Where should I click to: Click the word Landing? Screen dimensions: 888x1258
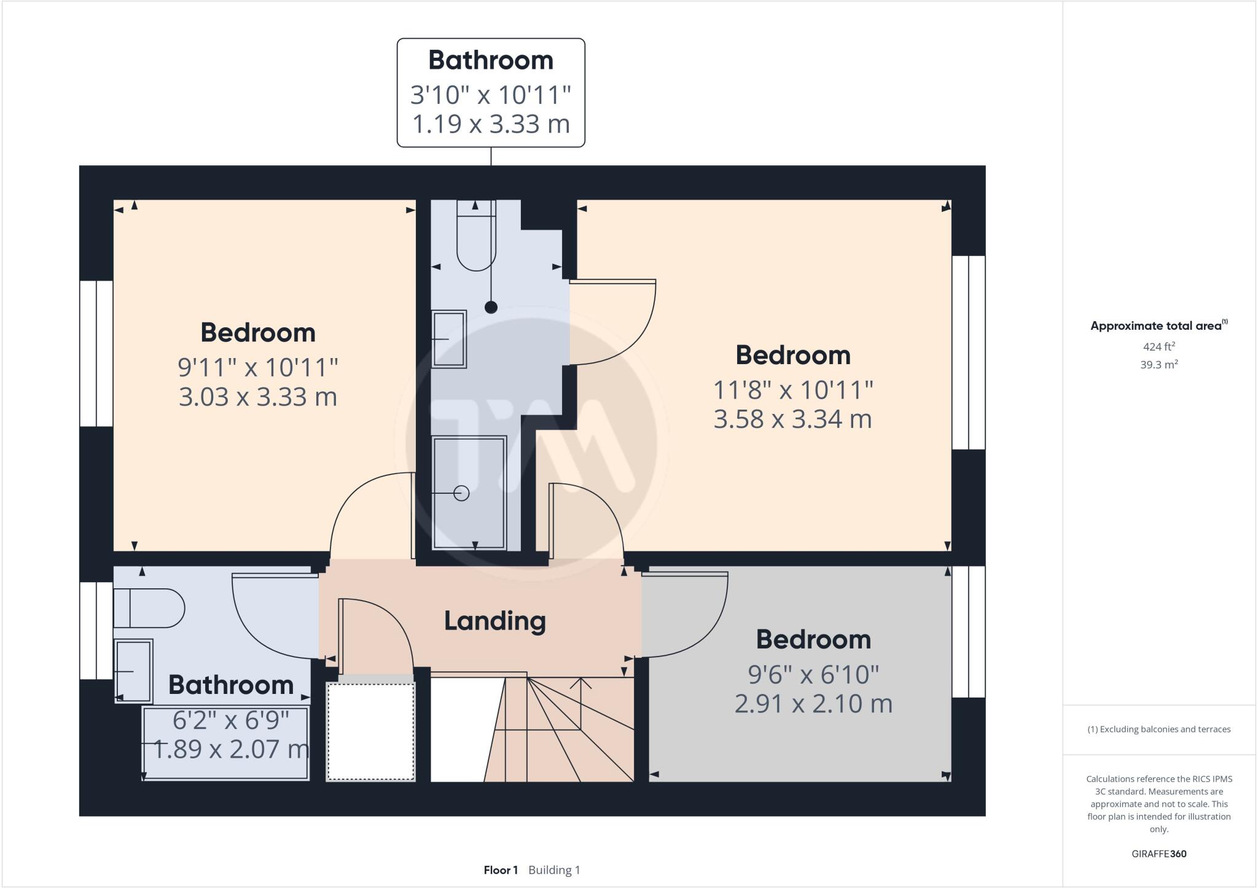(x=494, y=621)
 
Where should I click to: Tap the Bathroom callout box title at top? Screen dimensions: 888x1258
(x=491, y=60)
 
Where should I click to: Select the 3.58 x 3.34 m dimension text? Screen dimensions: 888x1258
(x=792, y=419)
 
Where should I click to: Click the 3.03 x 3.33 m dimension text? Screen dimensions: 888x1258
(x=258, y=396)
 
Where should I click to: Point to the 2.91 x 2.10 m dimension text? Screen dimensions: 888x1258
(x=813, y=703)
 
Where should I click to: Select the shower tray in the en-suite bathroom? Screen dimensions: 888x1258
(x=470, y=492)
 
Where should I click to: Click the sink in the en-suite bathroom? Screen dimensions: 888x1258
(x=449, y=339)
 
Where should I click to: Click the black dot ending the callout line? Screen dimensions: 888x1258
(x=491, y=307)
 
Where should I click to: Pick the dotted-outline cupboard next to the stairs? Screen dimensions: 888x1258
(x=370, y=731)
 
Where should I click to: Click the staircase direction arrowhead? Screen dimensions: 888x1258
(x=580, y=682)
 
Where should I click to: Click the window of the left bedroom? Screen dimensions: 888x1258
(x=96, y=354)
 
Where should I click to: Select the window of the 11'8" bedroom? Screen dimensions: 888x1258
(x=969, y=352)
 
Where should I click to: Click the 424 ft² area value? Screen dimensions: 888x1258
(x=1158, y=346)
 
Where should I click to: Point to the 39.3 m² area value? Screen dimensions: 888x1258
(x=1158, y=365)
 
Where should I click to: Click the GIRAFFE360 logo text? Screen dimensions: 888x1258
(x=1158, y=854)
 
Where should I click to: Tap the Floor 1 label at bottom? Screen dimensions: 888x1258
(x=501, y=870)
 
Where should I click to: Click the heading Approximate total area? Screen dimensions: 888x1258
(x=1157, y=326)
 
